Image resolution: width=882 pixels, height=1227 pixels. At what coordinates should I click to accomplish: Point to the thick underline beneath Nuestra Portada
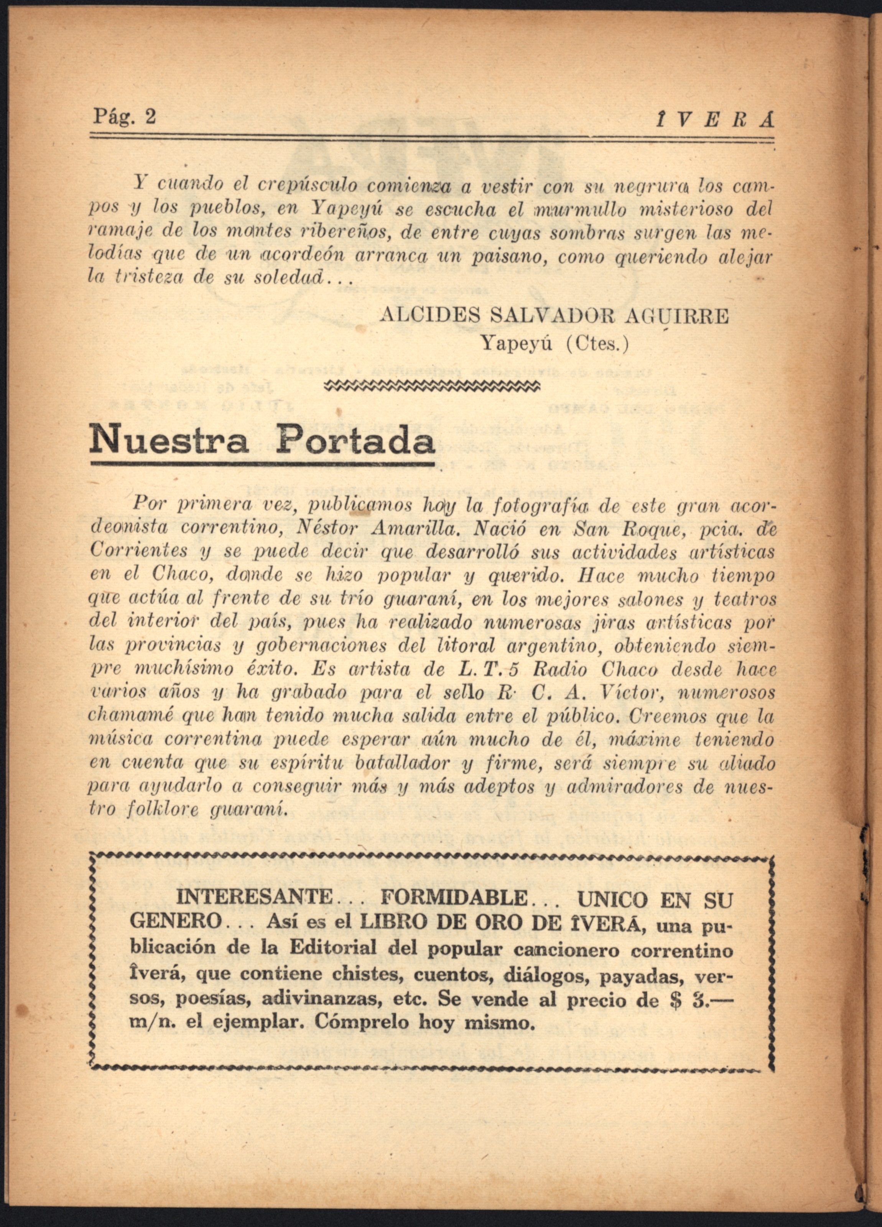pyautogui.click(x=263, y=464)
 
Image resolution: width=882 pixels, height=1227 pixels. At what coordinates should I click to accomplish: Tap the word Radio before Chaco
pyautogui.click(x=559, y=669)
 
